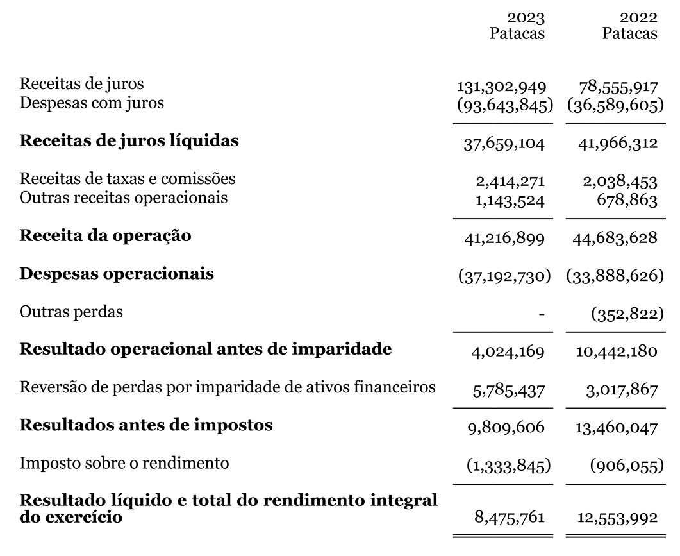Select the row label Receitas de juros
click(x=82, y=83)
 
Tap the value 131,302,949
click(x=501, y=87)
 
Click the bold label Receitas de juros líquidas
click(x=129, y=140)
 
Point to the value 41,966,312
click(x=618, y=143)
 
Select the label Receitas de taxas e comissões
click(x=128, y=178)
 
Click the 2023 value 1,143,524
click(x=510, y=201)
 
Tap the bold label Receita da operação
click(x=105, y=235)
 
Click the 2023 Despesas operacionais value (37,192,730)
click(x=504, y=276)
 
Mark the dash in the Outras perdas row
click(x=542, y=314)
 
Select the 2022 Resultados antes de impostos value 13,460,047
click(x=618, y=428)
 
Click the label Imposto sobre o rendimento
click(x=124, y=462)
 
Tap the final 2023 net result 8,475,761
click(x=510, y=517)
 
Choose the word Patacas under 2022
click(x=629, y=33)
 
